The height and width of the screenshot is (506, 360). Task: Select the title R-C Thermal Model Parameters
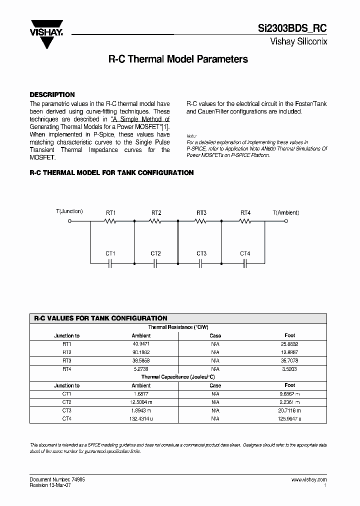[x=178, y=59]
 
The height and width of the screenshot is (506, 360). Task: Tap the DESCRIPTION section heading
[x=52, y=94]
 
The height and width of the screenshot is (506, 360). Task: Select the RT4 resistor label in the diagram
[x=245, y=213]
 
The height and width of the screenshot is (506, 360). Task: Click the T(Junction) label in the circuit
[x=69, y=211]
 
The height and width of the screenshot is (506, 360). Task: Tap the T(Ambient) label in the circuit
[x=286, y=212]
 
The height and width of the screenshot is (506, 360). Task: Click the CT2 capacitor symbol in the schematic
[x=155, y=262]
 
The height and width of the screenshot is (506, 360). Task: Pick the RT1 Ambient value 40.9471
[x=141, y=344]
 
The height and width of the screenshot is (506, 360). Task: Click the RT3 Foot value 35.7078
[x=290, y=360]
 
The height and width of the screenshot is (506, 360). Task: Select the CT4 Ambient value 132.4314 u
[x=141, y=418]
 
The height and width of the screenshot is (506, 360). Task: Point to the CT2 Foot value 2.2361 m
[x=290, y=402]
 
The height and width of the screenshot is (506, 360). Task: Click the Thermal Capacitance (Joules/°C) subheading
[x=178, y=377]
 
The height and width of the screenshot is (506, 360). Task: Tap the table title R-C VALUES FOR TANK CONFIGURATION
[x=100, y=318]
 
